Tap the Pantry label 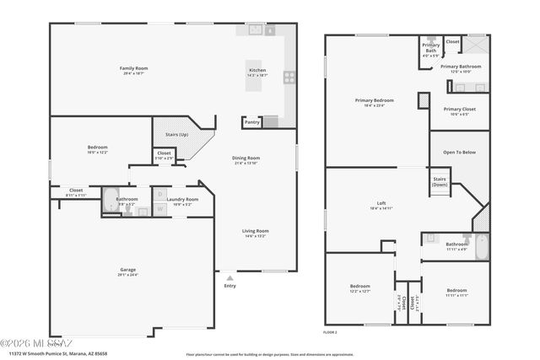[251, 122]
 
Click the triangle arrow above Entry [229, 277]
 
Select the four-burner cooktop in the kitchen [289, 77]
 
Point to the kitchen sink [253, 30]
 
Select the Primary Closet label [459, 109]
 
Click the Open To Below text [459, 152]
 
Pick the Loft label [381, 203]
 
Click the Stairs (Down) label [440, 181]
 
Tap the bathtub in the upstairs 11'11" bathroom [478, 249]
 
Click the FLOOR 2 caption [330, 332]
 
